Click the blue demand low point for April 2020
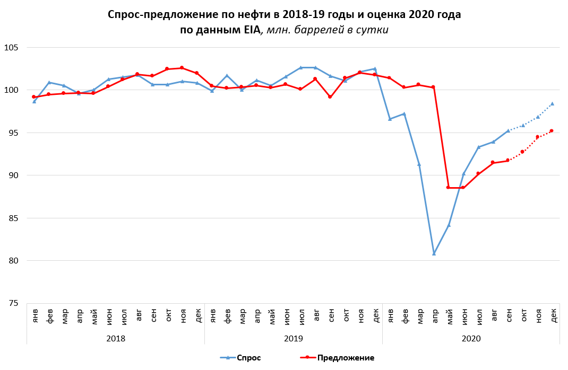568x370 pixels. (x=434, y=253)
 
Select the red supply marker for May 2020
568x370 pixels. (x=448, y=187)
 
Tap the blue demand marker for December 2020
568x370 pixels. (x=552, y=103)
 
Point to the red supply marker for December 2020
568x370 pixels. (x=552, y=130)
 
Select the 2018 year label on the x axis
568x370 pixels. (x=116, y=337)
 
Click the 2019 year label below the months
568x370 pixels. (x=294, y=337)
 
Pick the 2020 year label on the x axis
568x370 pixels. (x=471, y=337)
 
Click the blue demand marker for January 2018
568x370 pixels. (x=34, y=101)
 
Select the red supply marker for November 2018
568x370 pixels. (x=182, y=68)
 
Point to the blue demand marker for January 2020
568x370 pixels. (x=390, y=119)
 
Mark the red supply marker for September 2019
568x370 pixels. (x=330, y=97)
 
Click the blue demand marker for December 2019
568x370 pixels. (x=375, y=69)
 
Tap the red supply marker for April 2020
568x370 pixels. (x=433, y=87)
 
